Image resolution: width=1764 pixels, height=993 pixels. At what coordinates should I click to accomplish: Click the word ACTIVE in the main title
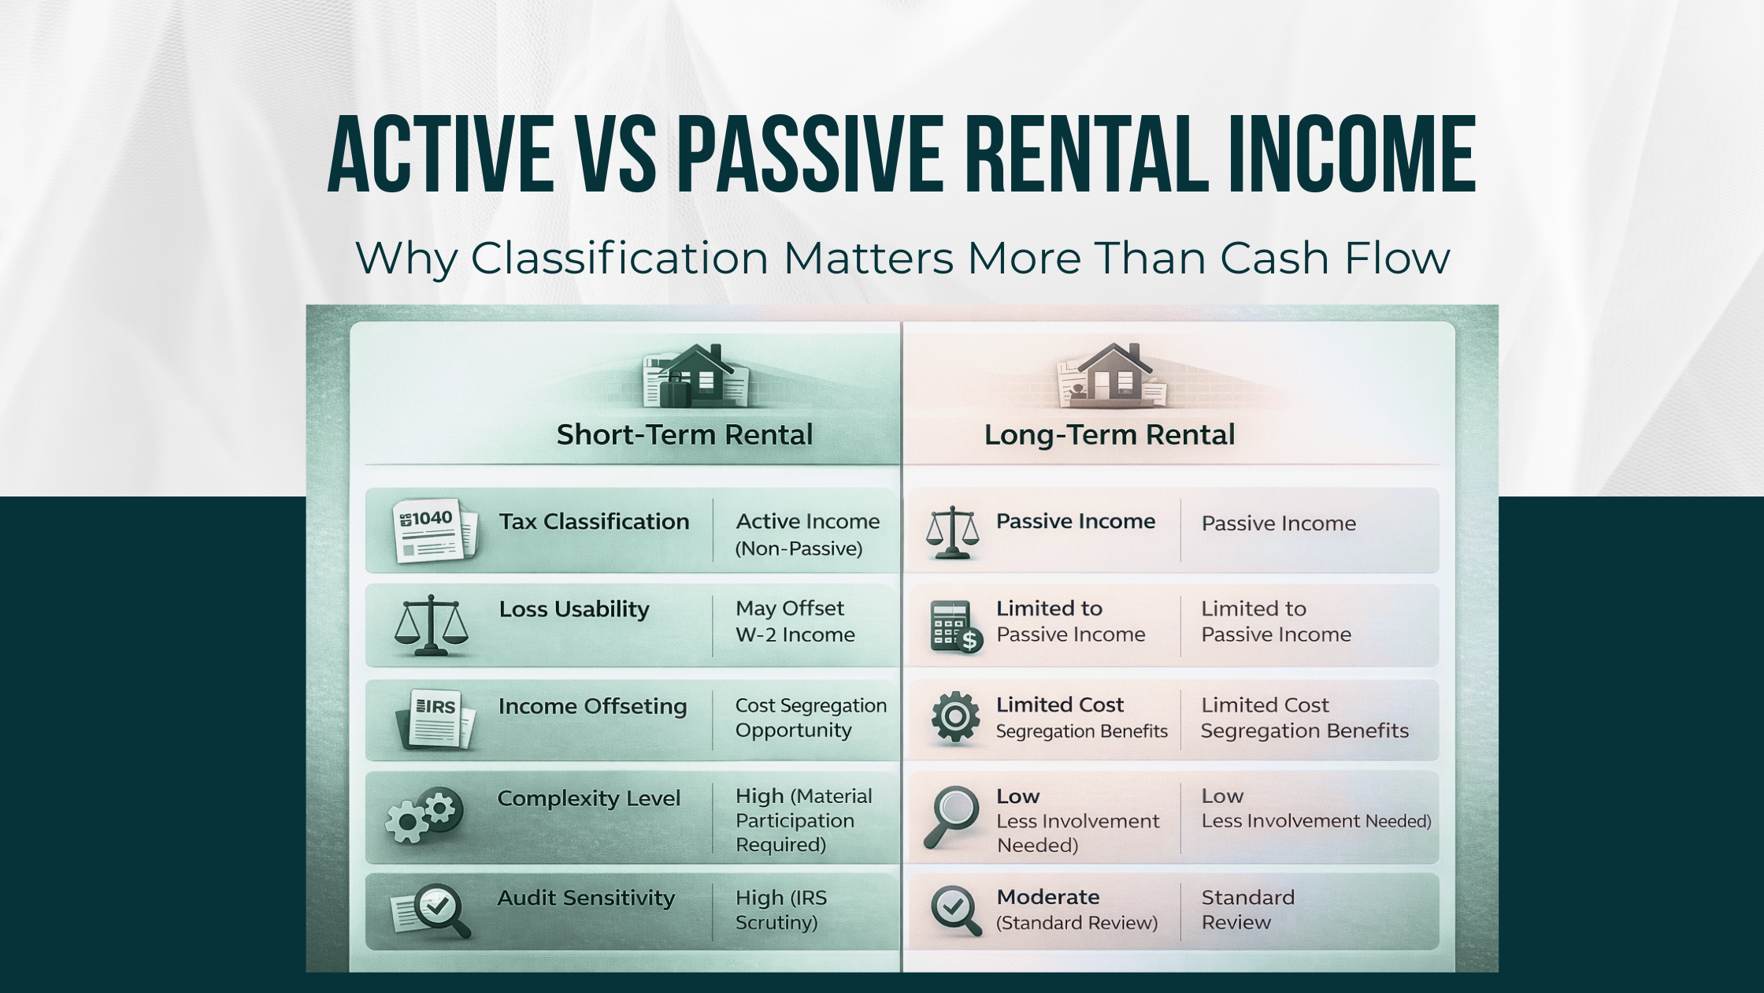[440, 154]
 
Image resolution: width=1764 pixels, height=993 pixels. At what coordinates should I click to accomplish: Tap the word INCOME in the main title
[1351, 154]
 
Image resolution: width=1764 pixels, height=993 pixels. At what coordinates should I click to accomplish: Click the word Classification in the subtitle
[619, 258]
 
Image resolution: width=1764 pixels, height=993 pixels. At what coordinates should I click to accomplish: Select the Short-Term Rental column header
[684, 434]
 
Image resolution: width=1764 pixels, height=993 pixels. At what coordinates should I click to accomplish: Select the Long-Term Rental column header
[1109, 434]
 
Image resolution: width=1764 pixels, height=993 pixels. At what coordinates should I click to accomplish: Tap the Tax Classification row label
[594, 522]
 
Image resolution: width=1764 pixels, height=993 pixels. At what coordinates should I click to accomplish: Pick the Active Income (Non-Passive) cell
[807, 534]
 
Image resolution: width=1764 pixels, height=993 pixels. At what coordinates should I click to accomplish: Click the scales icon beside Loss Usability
[431, 626]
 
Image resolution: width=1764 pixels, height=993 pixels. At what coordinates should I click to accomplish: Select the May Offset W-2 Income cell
[795, 621]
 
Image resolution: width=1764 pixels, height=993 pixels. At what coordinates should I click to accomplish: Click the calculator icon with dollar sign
[955, 627]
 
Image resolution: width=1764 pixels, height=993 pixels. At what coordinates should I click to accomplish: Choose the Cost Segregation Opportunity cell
[810, 717]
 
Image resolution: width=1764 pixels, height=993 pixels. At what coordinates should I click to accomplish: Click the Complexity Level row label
[588, 798]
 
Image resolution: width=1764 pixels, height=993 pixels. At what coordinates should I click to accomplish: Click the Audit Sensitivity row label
[586, 898]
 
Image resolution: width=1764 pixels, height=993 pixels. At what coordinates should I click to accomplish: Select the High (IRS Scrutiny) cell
[780, 909]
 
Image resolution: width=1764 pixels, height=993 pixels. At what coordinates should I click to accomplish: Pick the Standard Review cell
[1247, 909]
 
